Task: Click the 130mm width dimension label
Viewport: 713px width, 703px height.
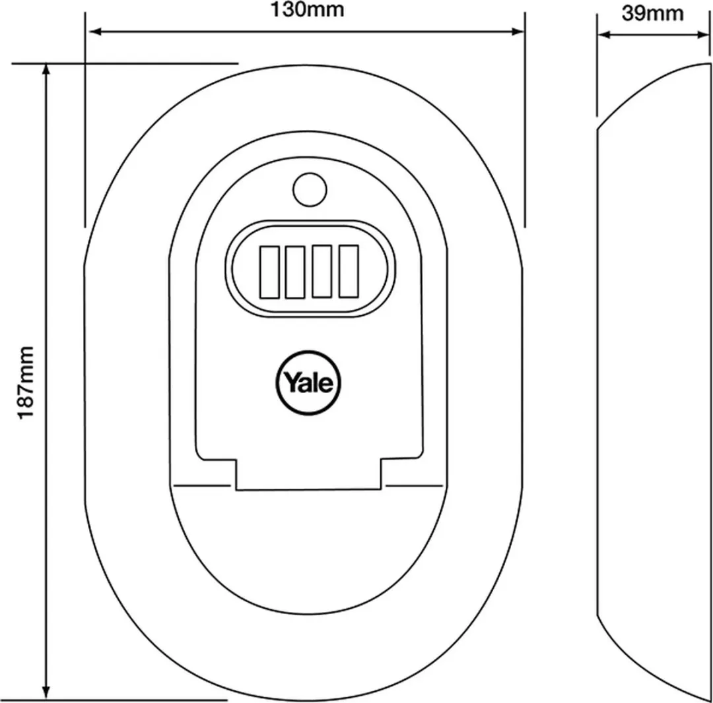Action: tap(308, 10)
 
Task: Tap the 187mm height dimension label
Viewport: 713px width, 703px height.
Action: tap(26, 382)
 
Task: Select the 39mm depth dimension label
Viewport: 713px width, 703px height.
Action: tap(652, 13)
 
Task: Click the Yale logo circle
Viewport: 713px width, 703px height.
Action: tap(308, 383)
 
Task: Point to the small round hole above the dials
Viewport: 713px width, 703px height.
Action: tap(310, 189)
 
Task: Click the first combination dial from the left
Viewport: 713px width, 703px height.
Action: tap(269, 272)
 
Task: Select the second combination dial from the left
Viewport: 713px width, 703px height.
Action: tap(294, 272)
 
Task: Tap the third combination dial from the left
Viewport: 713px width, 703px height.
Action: tap(322, 272)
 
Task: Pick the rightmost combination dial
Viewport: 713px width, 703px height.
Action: tap(349, 271)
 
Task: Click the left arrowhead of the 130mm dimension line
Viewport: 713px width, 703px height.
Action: tap(94, 32)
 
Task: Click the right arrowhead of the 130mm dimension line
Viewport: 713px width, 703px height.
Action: tap(518, 32)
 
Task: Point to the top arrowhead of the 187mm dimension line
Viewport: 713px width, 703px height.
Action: tap(46, 69)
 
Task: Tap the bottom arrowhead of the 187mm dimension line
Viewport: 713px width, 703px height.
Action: tap(46, 692)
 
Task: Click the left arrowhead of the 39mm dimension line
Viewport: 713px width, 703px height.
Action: tap(603, 34)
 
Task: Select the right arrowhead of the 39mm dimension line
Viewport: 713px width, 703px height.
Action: tap(703, 34)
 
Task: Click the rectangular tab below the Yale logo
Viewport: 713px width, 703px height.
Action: tap(308, 475)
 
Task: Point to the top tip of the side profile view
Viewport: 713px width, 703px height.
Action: tap(709, 63)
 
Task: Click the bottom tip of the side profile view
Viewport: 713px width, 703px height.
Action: tap(709, 700)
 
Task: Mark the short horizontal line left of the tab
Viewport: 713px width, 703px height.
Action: tap(203, 485)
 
